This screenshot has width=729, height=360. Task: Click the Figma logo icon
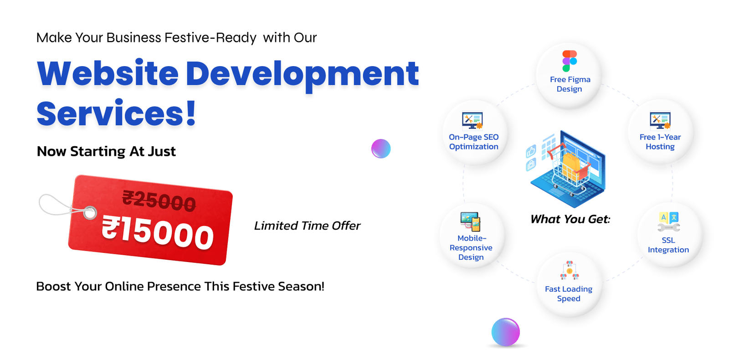tap(570, 61)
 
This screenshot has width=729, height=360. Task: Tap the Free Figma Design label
tap(570, 84)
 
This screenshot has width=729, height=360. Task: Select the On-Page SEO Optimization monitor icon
tap(472, 121)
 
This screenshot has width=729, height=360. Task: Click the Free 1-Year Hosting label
tap(660, 142)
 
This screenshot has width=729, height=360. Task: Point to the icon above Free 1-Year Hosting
tap(660, 120)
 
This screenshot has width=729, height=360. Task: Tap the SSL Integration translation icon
tap(669, 221)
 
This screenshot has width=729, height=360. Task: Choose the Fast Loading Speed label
tap(569, 294)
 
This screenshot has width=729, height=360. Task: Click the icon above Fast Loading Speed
tap(569, 270)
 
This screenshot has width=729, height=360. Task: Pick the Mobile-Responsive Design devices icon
tap(471, 221)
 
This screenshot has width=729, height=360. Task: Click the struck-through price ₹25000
tap(159, 201)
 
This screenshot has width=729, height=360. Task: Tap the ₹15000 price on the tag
tap(158, 233)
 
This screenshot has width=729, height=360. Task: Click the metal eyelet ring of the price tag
tap(89, 213)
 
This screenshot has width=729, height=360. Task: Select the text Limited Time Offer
tap(307, 226)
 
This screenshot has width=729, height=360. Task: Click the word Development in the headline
tap(302, 75)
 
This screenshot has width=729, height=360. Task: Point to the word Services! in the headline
tap(116, 113)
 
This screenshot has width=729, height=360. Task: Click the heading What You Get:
tap(570, 219)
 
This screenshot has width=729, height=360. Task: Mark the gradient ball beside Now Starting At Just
tap(381, 149)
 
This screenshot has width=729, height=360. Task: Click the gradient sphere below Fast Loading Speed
tap(505, 332)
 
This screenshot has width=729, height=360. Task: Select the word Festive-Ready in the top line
tap(210, 38)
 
